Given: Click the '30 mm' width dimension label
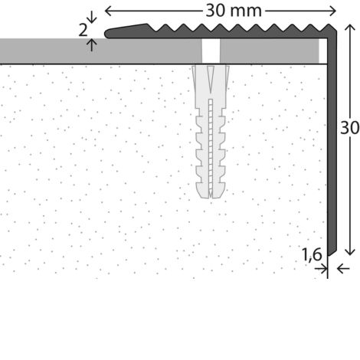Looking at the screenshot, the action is tap(234, 11).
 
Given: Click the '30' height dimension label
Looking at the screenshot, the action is tap(350, 128).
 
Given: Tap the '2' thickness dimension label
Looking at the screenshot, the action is tap(83, 31).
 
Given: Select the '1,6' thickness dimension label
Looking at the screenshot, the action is tap(312, 254).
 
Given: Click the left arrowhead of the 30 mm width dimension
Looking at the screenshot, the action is tap(108, 11).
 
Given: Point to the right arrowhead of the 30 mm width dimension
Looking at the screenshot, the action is tap(332, 11).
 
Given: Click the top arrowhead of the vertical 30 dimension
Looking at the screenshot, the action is tap(350, 28).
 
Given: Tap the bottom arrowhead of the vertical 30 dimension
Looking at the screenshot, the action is tap(350, 252).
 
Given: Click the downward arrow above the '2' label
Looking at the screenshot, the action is tap(91, 18).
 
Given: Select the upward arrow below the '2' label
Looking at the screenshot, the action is tap(91, 45).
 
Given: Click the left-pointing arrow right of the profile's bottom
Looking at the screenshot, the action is tap(343, 269).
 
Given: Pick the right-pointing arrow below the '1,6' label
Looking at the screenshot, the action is tap(321, 269).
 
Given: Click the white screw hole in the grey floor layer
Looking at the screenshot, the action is tap(211, 51).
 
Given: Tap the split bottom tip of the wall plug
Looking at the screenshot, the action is tap(211, 196).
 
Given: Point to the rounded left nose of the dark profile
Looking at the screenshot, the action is tap(107, 34).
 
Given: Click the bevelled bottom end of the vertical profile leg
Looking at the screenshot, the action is tap(332, 252).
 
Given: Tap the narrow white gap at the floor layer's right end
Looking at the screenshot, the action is tap(323, 51).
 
